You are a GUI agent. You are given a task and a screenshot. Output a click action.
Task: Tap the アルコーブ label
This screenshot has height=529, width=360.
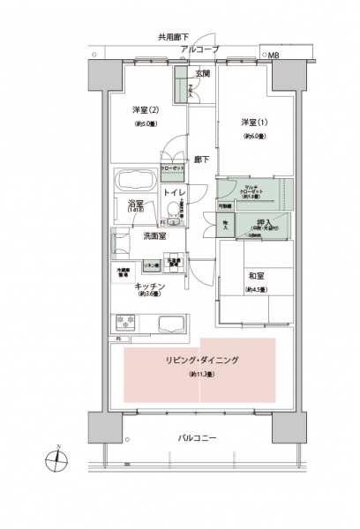(x=199, y=49)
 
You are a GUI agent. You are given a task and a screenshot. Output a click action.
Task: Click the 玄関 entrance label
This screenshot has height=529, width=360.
(x=202, y=72)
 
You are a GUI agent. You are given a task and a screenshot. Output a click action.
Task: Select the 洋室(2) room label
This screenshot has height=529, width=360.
(x=145, y=109)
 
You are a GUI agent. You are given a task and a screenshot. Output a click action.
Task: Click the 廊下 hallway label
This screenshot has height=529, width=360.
(x=202, y=160)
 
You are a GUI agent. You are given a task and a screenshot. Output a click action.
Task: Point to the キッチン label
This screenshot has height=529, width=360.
(x=146, y=286)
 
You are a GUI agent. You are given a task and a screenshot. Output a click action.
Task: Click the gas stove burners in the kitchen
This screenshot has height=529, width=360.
(x=125, y=324)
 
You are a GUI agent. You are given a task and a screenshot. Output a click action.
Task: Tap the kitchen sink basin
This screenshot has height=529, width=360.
(x=165, y=323)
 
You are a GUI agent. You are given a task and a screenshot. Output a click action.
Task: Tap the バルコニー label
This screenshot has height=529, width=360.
(x=197, y=437)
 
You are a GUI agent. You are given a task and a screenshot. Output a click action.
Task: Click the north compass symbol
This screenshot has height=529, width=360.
(x=56, y=458)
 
